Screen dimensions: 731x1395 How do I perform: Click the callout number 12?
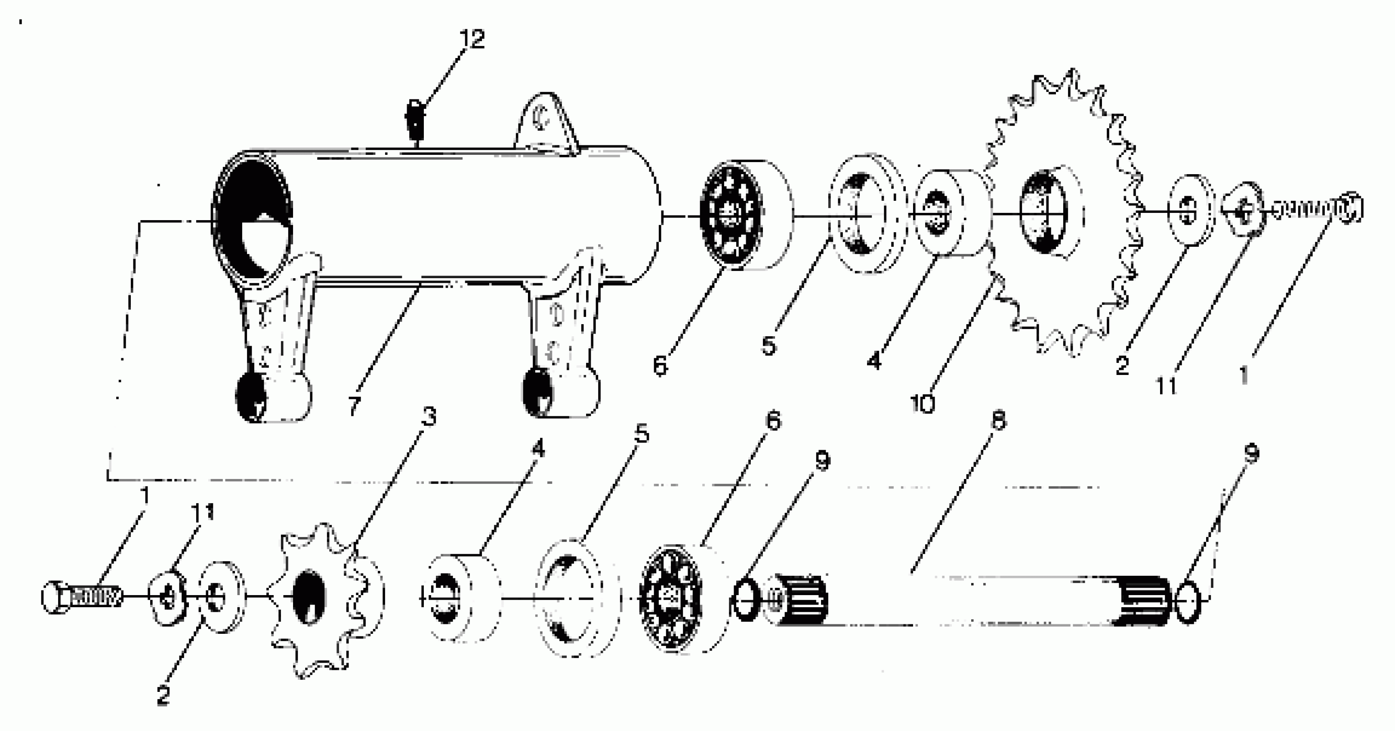point(472,39)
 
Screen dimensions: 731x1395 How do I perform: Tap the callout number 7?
point(354,405)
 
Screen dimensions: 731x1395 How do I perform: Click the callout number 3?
point(429,416)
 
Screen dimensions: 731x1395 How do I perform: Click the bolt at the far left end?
point(81,597)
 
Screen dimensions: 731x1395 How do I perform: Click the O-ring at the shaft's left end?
point(746,600)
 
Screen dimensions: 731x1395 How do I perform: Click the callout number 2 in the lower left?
point(163,695)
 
